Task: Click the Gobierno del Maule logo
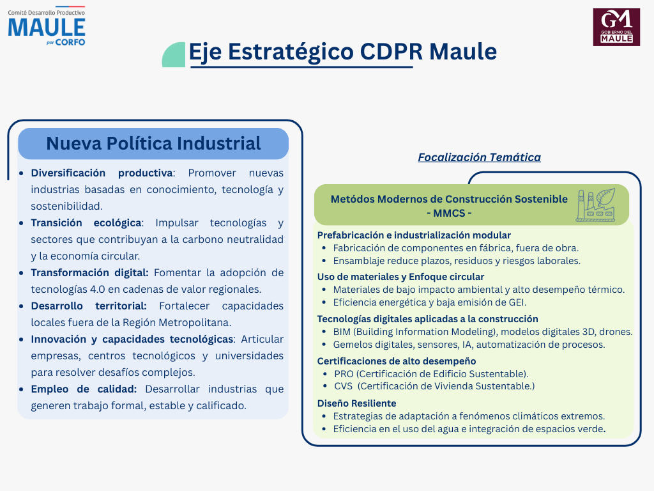click(616, 27)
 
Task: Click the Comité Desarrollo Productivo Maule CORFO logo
click(46, 26)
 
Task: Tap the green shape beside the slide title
click(174, 55)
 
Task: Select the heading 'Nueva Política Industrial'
click(153, 143)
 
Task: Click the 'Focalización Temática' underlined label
click(479, 157)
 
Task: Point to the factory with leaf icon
click(596, 205)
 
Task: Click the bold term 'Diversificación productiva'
click(102, 173)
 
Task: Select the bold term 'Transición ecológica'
click(86, 223)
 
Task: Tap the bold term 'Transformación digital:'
click(89, 272)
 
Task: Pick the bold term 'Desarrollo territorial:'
click(89, 306)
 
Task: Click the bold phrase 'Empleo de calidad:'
click(84, 389)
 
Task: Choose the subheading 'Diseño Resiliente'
click(356, 403)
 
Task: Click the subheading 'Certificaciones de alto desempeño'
click(397, 361)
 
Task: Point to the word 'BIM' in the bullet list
click(342, 332)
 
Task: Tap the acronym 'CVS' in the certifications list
click(343, 386)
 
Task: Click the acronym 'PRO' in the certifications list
click(344, 373)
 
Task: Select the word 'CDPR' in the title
click(392, 52)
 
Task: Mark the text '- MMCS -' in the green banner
click(449, 214)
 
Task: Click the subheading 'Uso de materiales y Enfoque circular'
click(401, 277)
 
